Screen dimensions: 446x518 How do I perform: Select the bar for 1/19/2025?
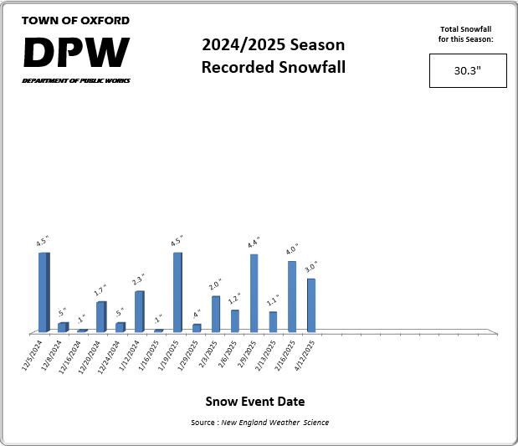(x=177, y=292)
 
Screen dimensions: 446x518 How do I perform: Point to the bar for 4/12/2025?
(x=311, y=305)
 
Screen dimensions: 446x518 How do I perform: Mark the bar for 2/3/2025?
(x=216, y=314)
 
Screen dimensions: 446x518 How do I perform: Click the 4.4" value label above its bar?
(x=253, y=244)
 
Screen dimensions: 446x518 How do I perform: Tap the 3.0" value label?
(x=310, y=269)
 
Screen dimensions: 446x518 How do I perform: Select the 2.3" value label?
(x=139, y=280)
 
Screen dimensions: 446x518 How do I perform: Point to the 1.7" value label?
(x=100, y=292)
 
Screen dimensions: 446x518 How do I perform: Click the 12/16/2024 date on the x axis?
(x=71, y=356)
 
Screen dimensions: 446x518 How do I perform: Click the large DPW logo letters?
(x=76, y=53)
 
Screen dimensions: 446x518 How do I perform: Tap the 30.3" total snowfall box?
(x=467, y=71)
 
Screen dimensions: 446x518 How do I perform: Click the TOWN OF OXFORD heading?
(x=75, y=20)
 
